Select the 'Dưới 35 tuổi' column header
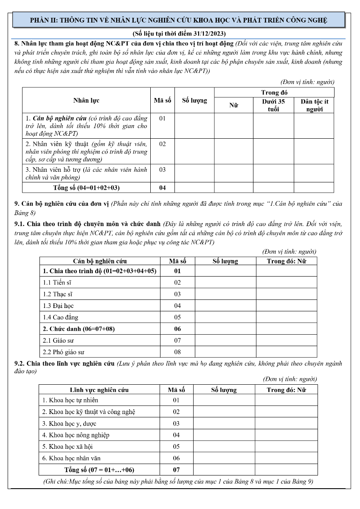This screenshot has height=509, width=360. coord(273,105)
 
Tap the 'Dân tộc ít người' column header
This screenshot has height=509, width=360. coord(314,105)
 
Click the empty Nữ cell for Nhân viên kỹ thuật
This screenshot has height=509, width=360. coord(233,151)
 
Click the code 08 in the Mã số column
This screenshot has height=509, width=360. coord(177,352)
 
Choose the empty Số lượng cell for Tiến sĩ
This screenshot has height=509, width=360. coord(225,282)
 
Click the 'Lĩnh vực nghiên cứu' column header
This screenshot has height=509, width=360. coord(99,390)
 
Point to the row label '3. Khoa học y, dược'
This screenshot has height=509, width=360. coord(69,423)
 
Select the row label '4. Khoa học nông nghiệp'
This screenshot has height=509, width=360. coord(75,435)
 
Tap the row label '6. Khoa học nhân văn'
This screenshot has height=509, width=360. coord(71,458)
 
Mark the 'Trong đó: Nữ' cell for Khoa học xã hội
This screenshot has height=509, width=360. coord(286,447)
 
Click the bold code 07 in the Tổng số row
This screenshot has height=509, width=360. coord(176,470)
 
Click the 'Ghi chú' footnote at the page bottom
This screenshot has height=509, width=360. coord(178,481)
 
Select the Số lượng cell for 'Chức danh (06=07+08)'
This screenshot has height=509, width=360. coord(225,329)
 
